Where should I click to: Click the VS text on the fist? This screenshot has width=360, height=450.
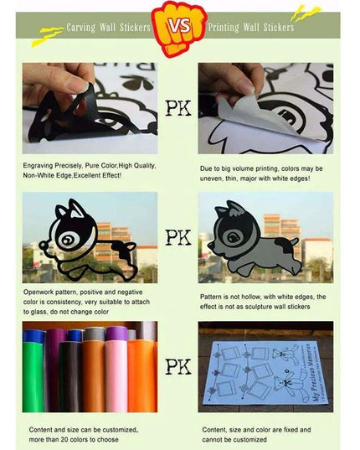click(x=179, y=27)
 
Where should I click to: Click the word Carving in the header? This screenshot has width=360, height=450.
click(x=81, y=28)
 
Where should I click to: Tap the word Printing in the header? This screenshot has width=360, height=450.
click(x=224, y=28)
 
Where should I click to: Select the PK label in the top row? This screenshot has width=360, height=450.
click(x=178, y=108)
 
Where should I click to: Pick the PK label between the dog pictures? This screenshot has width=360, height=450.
click(x=178, y=237)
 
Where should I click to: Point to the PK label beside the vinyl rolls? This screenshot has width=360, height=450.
click(x=178, y=366)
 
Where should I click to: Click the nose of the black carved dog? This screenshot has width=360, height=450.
click(x=43, y=245)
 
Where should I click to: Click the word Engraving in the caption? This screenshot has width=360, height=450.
click(x=39, y=166)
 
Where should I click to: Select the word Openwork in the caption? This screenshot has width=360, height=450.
click(x=39, y=292)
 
